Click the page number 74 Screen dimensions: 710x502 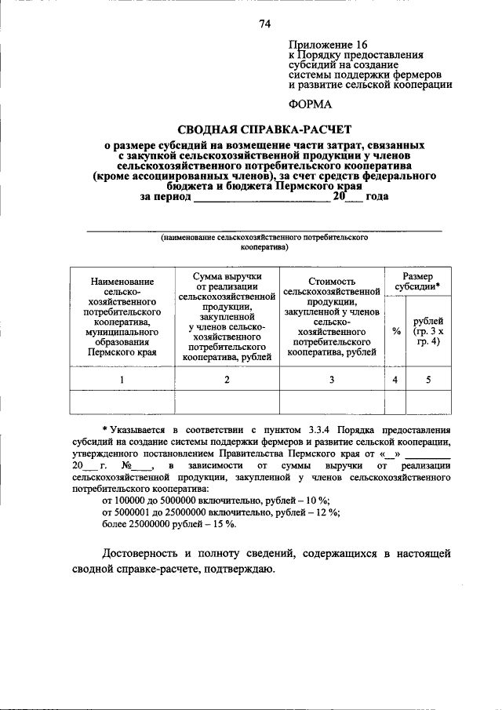point(265,24)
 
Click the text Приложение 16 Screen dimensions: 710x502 point(328,45)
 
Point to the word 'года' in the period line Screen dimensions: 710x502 point(377,196)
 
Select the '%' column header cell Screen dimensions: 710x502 point(395,330)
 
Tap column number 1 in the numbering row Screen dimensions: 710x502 point(122,380)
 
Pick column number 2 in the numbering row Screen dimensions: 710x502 point(227,380)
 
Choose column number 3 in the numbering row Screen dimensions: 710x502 point(332,380)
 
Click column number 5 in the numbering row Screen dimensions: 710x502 point(428,380)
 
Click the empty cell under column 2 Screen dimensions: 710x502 point(227,402)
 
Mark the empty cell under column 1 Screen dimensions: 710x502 point(122,402)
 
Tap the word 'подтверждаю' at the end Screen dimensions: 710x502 point(234,569)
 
